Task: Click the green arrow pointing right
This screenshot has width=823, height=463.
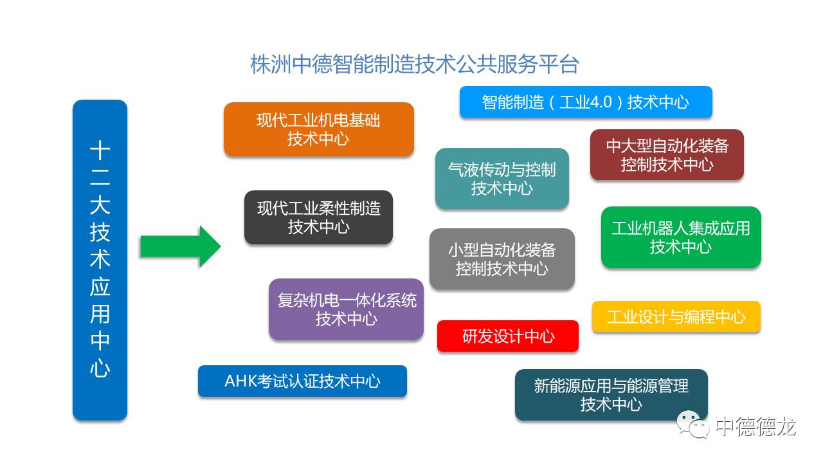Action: pos(180,246)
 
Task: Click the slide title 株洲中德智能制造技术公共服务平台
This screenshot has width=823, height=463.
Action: pos(415,64)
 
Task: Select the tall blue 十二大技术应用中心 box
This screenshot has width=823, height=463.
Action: pos(100,260)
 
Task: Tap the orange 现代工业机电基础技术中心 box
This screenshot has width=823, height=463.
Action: pos(318,130)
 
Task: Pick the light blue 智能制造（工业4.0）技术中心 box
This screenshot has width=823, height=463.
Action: pos(586,102)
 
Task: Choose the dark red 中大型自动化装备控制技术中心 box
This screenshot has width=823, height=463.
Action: pos(667,155)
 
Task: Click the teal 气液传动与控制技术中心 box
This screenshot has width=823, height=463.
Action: pos(502,179)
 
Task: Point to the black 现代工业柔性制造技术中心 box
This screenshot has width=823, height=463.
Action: pos(318,217)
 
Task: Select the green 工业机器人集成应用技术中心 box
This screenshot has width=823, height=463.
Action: pos(681,237)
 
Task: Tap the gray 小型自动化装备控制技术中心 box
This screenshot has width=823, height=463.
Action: pos(502,259)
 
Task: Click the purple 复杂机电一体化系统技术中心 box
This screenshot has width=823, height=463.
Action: pos(346,309)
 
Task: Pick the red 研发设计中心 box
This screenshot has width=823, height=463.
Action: pos(508,336)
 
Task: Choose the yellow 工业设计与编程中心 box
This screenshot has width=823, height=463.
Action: pos(676,317)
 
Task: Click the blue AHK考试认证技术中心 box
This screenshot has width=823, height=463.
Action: pos(302,381)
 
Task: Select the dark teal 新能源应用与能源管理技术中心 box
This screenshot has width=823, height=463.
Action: pos(611,395)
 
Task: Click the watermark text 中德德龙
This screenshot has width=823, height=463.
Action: pos(755,426)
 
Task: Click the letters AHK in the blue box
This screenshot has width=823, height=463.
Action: pos(240,381)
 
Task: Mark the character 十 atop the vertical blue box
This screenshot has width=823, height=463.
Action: pos(100,150)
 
